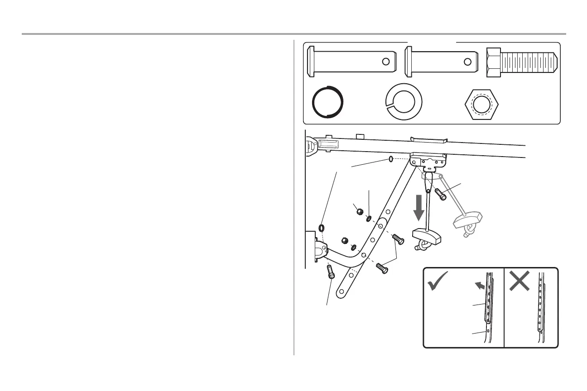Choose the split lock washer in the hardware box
[403, 103]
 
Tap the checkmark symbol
[438, 281]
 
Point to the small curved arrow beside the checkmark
[478, 286]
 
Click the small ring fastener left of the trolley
[390, 160]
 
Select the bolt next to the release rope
[441, 194]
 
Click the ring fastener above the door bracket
[322, 227]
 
